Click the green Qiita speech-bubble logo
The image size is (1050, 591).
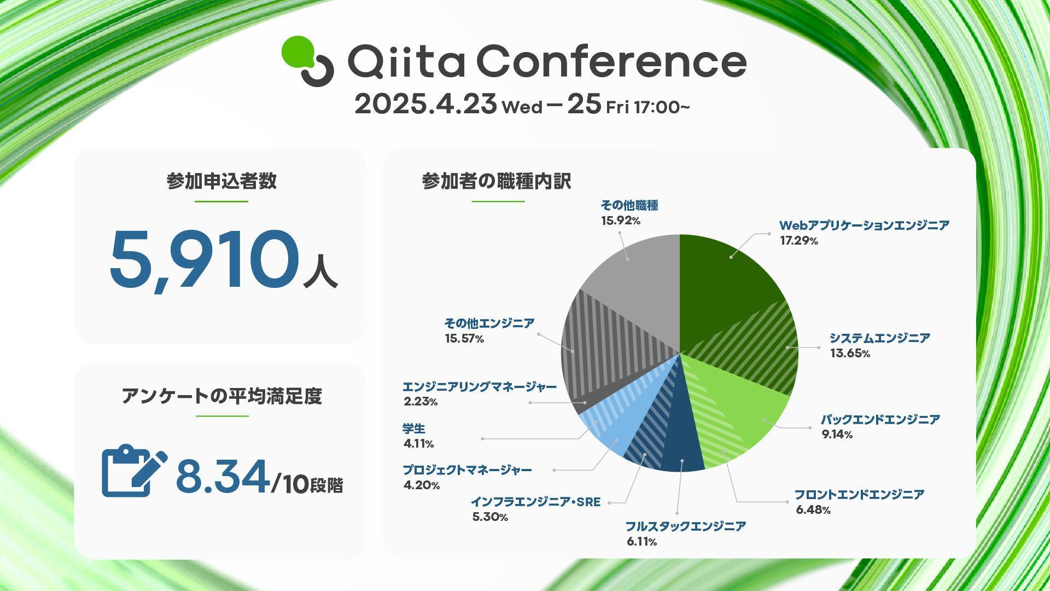[x=307, y=60]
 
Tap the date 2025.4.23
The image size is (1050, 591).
[x=426, y=104]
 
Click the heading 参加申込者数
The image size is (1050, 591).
[x=221, y=181]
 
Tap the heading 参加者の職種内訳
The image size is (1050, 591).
[x=497, y=181]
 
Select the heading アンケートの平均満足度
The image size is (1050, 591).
[x=221, y=396]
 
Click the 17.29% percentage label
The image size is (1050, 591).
[x=799, y=241]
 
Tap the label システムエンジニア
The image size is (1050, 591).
[x=879, y=338]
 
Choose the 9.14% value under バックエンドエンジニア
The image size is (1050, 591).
[x=837, y=434]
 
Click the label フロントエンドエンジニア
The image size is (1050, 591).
[x=859, y=495]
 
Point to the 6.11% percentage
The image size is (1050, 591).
[x=642, y=542]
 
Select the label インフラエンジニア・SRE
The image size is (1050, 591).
[x=536, y=502]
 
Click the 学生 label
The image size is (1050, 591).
[x=414, y=428]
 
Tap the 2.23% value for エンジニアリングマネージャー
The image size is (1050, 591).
[x=421, y=402]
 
